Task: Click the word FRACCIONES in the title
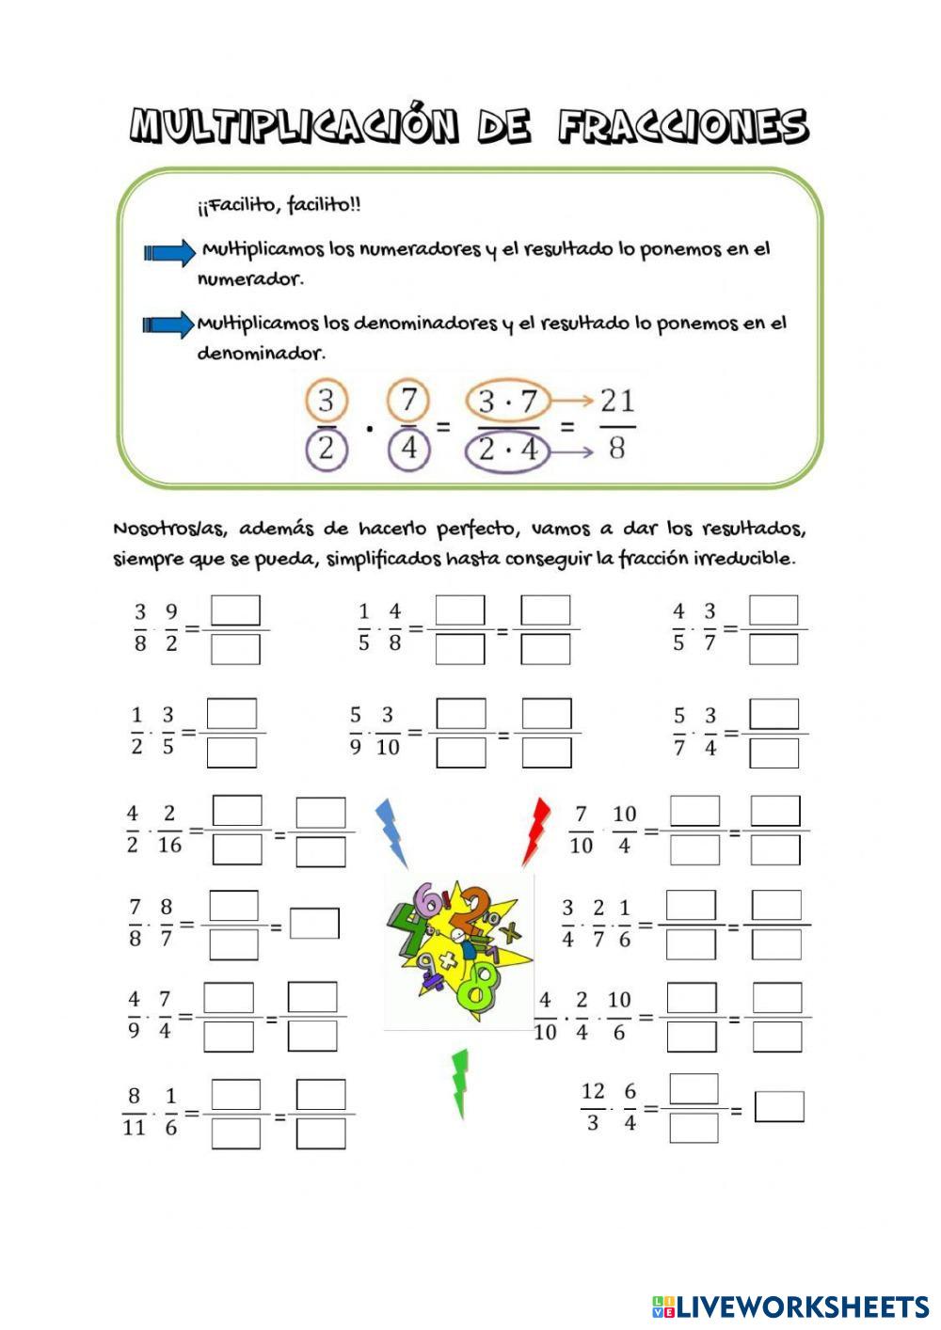[682, 127]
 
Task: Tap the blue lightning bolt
[391, 832]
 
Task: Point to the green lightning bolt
[459, 1082]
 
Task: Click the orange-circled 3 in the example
[326, 402]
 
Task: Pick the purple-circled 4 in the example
[408, 449]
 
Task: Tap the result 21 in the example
[617, 402]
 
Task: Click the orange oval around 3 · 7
[507, 403]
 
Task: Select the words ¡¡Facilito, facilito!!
[279, 204]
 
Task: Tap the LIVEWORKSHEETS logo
[790, 1306]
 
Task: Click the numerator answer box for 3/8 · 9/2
[235, 610]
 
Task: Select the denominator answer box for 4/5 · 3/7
[774, 649]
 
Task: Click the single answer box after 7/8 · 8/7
[314, 924]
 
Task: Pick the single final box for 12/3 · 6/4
[779, 1107]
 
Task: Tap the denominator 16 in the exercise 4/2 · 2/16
[169, 845]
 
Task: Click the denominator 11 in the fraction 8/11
[134, 1126]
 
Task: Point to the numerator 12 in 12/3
[593, 1091]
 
